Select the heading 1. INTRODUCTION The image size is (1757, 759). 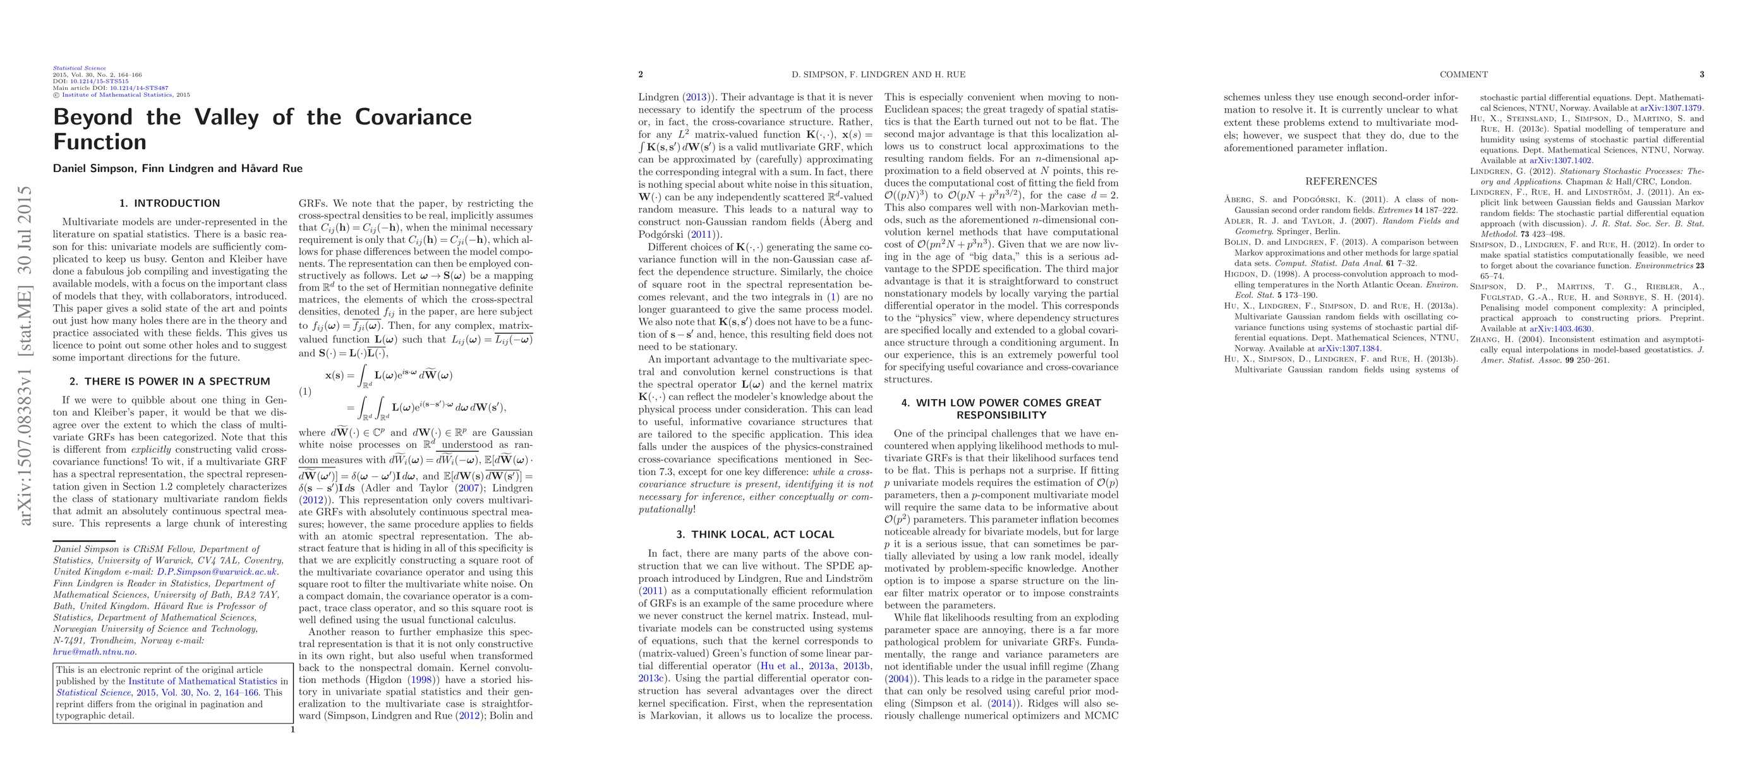(169, 204)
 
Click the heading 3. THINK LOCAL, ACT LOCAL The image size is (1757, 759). (755, 534)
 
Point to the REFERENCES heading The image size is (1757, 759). (1341, 182)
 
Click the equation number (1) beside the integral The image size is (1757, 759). (306, 391)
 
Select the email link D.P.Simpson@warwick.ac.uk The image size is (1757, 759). (217, 572)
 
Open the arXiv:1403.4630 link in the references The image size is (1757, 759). (1560, 329)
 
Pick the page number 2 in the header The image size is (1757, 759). (641, 75)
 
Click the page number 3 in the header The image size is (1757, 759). (1702, 75)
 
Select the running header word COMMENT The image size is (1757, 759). (1464, 75)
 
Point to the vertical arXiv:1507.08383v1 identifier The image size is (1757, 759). (26, 355)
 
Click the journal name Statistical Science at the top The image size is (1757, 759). (80, 68)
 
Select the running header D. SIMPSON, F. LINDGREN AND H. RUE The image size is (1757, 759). (878, 75)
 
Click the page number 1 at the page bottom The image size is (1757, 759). (293, 730)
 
